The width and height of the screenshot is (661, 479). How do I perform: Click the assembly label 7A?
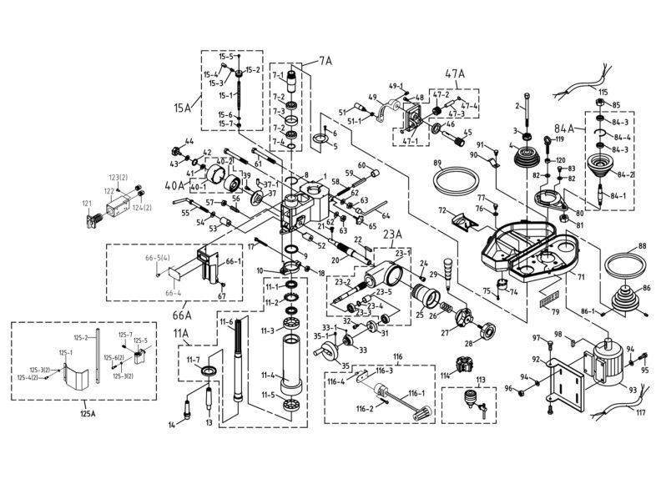(325, 61)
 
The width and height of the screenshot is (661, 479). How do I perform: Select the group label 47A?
(455, 73)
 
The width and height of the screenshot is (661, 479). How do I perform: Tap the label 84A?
(565, 129)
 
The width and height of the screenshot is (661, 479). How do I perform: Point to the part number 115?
(603, 91)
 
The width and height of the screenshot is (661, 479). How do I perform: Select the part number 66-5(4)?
(158, 257)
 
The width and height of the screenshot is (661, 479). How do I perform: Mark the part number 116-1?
(415, 392)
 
